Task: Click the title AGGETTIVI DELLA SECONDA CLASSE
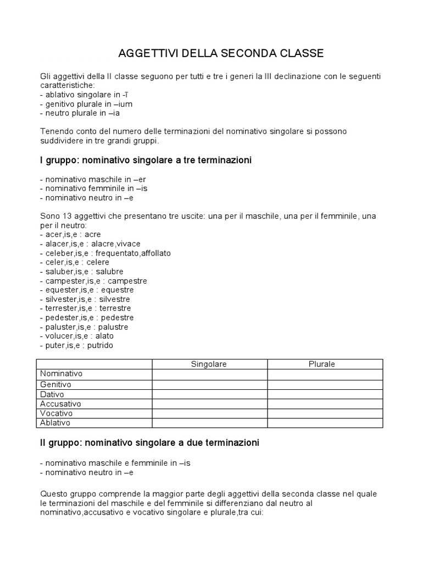[221, 53]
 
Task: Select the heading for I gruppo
[146, 160]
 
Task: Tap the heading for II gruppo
[149, 442]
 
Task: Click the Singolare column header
[209, 364]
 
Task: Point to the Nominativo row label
[62, 373]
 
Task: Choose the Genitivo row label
[55, 384]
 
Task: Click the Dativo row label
[52, 394]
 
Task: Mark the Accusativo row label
[60, 404]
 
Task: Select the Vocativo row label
[57, 413]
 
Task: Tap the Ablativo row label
[55, 423]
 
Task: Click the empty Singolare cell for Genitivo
[209, 384]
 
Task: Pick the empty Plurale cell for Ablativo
[325, 423]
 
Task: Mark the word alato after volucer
[103, 336]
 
